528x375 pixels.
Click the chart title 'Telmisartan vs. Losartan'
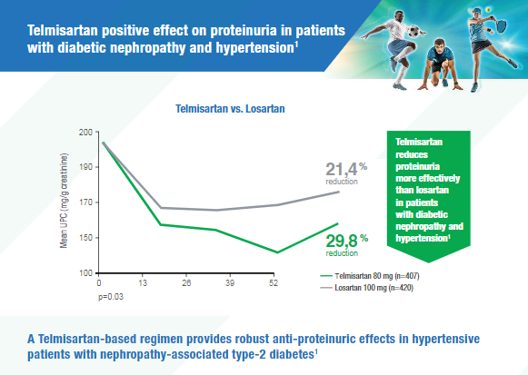tap(230, 107)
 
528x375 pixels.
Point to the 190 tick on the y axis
tap(86, 167)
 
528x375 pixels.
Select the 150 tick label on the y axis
tap(86, 238)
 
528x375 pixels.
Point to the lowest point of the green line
tap(276, 252)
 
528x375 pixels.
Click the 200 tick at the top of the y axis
tap(86, 132)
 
